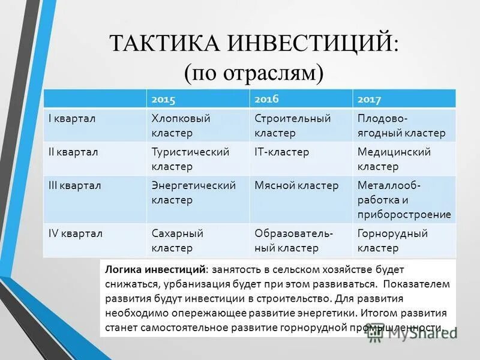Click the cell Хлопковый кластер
pyautogui.click(x=181, y=125)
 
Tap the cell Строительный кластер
pyautogui.click(x=292, y=125)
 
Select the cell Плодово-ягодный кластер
pyautogui.click(x=401, y=125)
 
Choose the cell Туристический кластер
pyautogui.click(x=190, y=159)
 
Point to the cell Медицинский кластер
pyautogui.click(x=394, y=159)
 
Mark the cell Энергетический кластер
pyautogui.click(x=193, y=193)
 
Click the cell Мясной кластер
pyautogui.click(x=296, y=186)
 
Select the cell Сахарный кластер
pyautogui.click(x=178, y=240)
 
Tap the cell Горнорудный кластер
pyautogui.click(x=392, y=240)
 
